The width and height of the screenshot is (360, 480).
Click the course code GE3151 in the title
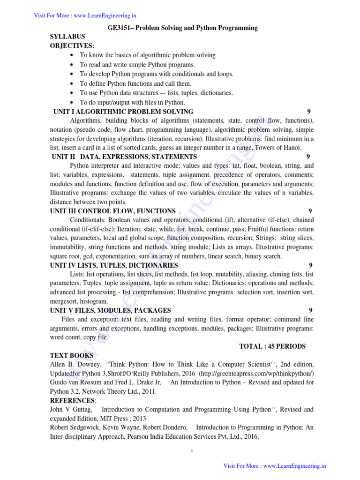coord(120,28)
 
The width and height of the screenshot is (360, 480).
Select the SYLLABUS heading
coord(67,37)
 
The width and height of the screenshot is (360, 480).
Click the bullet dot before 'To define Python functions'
coord(71,83)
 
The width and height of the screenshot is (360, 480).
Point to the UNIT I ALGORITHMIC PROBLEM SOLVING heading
coord(123,112)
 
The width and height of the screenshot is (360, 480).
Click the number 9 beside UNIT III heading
coord(310,211)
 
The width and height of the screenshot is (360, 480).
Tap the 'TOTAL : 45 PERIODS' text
coord(272,346)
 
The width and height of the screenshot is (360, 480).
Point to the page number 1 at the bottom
coord(193,451)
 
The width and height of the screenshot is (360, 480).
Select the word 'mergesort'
coord(63,301)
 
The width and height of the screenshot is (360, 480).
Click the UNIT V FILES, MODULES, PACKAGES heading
coord(111,310)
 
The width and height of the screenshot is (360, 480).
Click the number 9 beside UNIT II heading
coord(307,157)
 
